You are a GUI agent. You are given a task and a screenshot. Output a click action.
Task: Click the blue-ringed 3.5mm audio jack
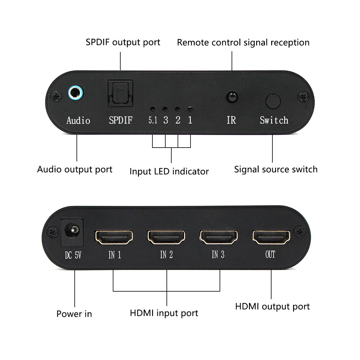[75, 93]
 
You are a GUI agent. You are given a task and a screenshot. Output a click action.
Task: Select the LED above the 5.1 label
[152, 109]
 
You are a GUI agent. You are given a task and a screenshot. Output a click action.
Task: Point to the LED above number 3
[165, 109]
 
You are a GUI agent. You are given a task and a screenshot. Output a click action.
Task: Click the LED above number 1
[190, 109]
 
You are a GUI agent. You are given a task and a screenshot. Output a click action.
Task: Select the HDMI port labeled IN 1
[114, 237]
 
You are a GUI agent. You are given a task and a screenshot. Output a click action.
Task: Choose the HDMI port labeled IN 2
[166, 237]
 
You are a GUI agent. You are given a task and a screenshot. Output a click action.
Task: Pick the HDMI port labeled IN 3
[219, 237]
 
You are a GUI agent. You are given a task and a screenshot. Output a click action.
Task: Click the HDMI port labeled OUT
[271, 237]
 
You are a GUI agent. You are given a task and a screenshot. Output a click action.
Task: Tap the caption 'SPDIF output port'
[123, 42]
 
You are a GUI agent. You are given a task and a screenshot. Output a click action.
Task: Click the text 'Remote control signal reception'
[243, 43]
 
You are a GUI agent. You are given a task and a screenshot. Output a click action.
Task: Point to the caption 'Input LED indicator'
[169, 172]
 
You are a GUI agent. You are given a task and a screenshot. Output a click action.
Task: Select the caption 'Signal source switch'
[276, 169]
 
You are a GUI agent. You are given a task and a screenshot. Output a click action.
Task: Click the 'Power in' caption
[74, 314]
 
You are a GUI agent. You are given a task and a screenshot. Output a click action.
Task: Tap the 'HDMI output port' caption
[272, 307]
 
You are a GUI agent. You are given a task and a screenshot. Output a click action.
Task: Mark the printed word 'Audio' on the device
[78, 121]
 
